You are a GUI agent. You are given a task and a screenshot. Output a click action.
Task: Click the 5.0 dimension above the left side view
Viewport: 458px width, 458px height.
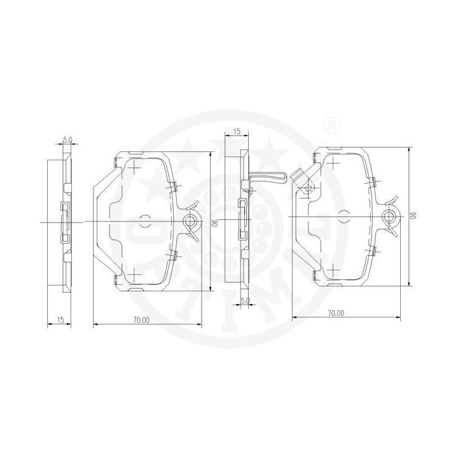click(x=67, y=139)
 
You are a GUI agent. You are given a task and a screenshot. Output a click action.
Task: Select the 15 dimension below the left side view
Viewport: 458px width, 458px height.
click(x=60, y=319)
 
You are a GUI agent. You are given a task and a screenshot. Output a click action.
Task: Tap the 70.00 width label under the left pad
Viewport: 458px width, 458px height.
click(x=141, y=320)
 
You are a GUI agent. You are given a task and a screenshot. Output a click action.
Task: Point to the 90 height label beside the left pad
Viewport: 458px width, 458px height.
click(x=217, y=223)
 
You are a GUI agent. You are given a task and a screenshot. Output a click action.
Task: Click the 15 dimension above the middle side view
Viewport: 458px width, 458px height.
click(x=237, y=131)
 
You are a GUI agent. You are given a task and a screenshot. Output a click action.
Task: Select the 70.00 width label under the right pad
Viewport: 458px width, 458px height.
click(x=336, y=313)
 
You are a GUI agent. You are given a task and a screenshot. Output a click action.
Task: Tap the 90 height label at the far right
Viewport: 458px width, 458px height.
click(x=413, y=215)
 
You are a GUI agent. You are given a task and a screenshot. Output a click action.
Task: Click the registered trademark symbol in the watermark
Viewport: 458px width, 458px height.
click(x=333, y=125)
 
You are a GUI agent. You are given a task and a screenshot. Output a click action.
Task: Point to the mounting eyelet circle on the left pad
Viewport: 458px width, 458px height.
click(x=190, y=221)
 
